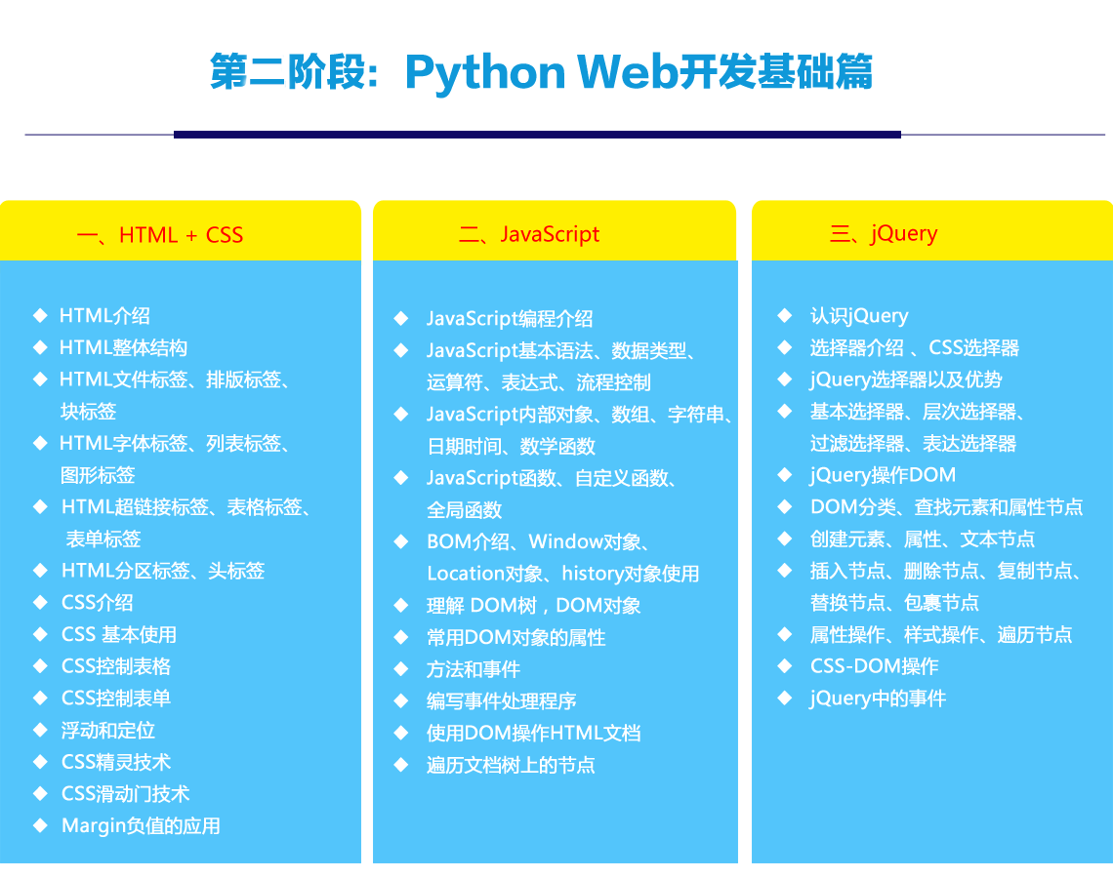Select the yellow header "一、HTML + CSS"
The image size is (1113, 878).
tap(160, 235)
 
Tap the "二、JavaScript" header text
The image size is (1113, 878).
tap(529, 234)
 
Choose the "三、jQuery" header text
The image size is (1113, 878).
tap(884, 233)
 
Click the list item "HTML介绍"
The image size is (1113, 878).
tap(105, 316)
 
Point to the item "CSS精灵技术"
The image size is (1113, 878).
tap(116, 762)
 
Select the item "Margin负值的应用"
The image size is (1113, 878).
tap(142, 825)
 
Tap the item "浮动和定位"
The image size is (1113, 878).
tap(108, 730)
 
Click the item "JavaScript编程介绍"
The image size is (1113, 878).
tap(510, 318)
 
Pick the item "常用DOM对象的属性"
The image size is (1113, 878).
tap(516, 638)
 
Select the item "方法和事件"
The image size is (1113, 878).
tap(474, 669)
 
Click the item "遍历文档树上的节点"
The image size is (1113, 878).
tap(511, 765)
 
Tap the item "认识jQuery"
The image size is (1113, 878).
tap(859, 316)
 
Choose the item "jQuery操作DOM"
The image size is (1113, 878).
tap(883, 474)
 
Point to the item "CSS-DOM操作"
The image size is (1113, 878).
tap(875, 666)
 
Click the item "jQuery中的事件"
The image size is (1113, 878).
tap(878, 698)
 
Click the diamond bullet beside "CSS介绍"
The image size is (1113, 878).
tap(40, 602)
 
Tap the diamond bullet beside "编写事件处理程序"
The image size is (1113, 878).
tap(401, 700)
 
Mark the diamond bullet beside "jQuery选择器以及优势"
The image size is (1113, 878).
tap(784, 379)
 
